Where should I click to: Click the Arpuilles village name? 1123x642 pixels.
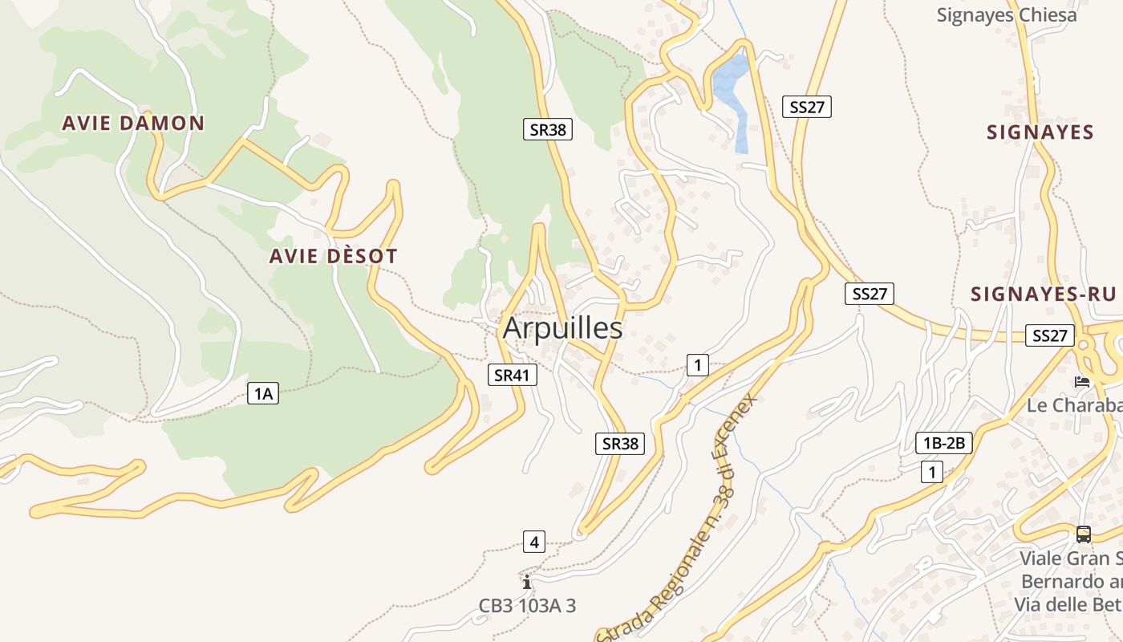562,328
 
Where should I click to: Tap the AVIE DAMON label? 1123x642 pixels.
133,123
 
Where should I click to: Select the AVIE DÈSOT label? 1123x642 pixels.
333,257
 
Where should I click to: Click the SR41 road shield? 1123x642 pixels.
512,375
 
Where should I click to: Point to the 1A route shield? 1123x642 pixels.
263,393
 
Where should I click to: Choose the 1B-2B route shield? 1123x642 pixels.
944,443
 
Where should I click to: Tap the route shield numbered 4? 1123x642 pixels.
534,542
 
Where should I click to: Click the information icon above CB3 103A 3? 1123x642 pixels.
526,582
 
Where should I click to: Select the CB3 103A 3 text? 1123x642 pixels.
527,606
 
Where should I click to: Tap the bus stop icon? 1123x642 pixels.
1083,534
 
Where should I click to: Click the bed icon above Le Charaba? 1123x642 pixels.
1082,382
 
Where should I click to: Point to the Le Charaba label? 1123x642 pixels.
1073,405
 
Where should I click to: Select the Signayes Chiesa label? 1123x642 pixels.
1007,14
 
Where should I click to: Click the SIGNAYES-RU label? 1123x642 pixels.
1043,294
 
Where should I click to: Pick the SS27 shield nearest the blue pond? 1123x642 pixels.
807,107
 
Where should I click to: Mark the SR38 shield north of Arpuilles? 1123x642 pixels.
548,129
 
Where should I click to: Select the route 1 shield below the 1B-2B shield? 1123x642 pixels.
931,473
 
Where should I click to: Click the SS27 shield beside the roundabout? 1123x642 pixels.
1050,335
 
